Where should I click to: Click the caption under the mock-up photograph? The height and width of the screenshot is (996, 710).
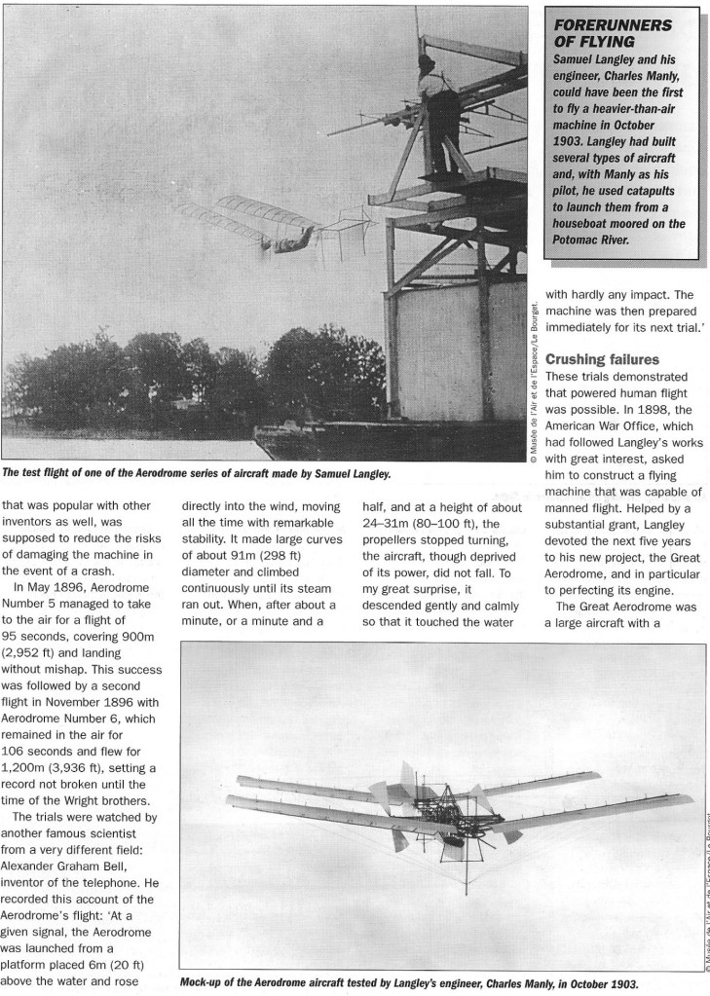point(409,982)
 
